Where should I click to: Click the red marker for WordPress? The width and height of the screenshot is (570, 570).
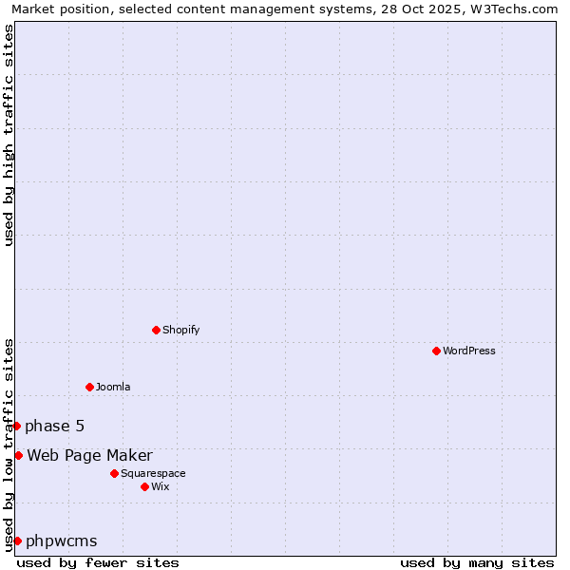(x=436, y=351)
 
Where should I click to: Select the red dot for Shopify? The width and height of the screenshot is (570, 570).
(x=156, y=330)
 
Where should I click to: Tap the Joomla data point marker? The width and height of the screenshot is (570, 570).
(x=89, y=387)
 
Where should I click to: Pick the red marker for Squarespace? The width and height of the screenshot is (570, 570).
(x=114, y=473)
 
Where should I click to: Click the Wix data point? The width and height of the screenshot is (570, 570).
(x=144, y=486)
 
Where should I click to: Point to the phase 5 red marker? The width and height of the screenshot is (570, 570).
(x=16, y=426)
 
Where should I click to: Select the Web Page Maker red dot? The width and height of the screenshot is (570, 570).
(x=18, y=455)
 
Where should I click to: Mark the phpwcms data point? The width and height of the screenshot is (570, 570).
(x=17, y=541)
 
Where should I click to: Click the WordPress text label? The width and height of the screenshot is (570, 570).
(x=469, y=351)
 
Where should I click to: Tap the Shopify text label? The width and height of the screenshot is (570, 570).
(x=180, y=330)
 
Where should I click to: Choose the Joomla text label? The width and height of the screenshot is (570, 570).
(x=113, y=387)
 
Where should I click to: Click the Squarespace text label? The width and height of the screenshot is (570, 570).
(x=153, y=473)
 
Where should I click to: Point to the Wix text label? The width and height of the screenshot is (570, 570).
(x=160, y=486)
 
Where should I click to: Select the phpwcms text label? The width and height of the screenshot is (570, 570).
(x=62, y=541)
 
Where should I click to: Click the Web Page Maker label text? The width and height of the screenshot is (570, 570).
(x=89, y=455)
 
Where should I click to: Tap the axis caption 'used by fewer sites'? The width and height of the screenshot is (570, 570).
(x=98, y=562)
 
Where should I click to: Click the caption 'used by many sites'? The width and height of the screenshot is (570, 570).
(x=477, y=562)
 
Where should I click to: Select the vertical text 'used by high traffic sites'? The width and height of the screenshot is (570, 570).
(x=9, y=135)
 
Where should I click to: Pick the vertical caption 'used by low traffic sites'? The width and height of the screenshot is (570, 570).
(x=9, y=445)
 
